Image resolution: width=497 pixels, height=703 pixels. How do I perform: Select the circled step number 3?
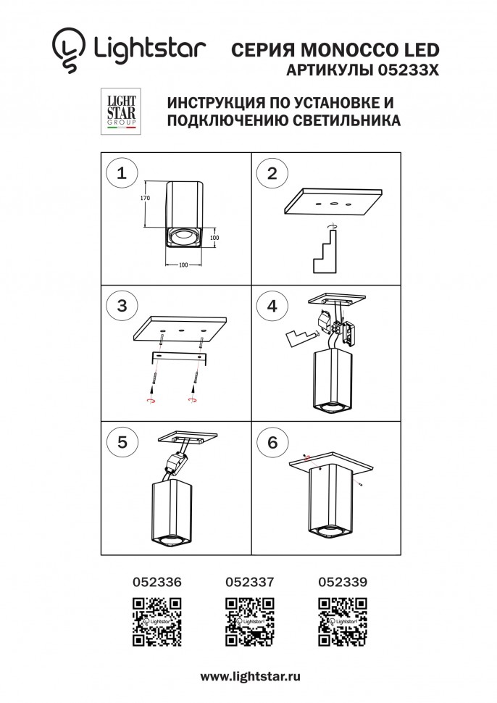pyautogui.click(x=122, y=306)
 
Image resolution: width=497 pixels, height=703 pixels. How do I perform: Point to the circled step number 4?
pyautogui.click(x=272, y=306)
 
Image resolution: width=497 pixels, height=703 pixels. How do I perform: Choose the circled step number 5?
pyautogui.click(x=122, y=443)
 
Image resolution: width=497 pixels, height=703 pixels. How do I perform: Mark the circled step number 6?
pyautogui.click(x=272, y=443)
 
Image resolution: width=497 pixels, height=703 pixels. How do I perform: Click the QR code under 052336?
pyautogui.click(x=156, y=622)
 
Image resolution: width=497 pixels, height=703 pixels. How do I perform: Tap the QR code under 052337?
pyautogui.click(x=249, y=622)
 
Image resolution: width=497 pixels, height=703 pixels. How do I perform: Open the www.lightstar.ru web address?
pyautogui.click(x=250, y=675)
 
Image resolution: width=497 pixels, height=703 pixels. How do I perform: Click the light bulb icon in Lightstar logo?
pyautogui.click(x=67, y=51)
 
